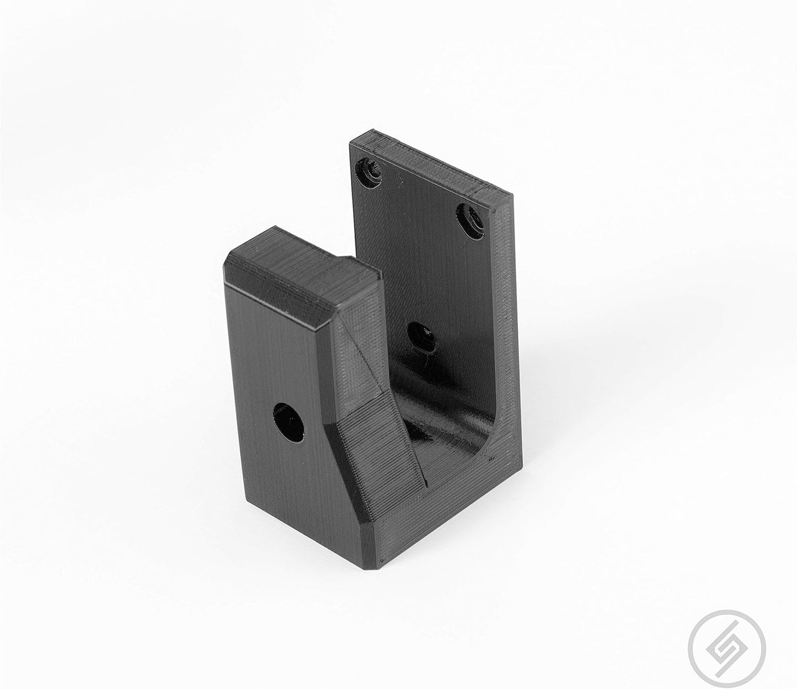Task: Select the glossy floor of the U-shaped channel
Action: point(436,419)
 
